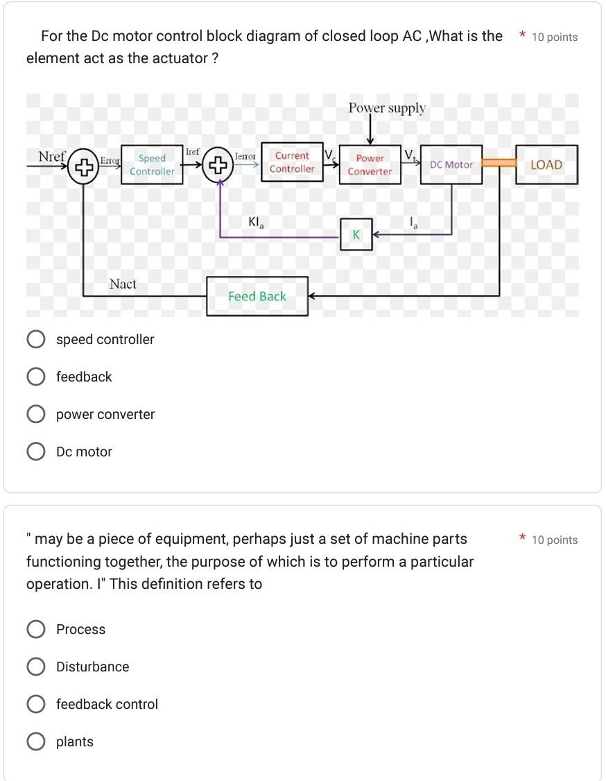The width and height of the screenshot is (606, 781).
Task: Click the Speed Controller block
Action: (x=152, y=165)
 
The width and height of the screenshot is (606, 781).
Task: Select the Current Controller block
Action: (x=292, y=162)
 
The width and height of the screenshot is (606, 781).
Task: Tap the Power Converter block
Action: (x=370, y=165)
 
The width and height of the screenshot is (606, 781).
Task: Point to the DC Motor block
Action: (x=451, y=165)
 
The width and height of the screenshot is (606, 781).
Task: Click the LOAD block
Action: (x=546, y=165)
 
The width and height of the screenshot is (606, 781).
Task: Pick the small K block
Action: (x=356, y=235)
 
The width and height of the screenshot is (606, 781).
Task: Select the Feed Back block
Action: (x=257, y=296)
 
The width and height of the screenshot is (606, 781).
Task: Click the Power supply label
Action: (x=387, y=108)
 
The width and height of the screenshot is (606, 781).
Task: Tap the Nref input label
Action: (x=51, y=157)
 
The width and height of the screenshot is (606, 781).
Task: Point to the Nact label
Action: (x=123, y=284)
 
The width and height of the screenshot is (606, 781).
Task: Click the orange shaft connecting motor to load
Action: (x=499, y=163)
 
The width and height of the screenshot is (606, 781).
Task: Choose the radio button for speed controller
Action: (x=35, y=339)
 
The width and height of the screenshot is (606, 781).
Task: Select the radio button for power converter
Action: (x=35, y=414)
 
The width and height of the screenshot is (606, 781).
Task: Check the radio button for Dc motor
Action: (x=35, y=452)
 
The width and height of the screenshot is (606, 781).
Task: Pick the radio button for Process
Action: (x=35, y=629)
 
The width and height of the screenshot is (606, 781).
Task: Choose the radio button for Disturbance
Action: (x=35, y=667)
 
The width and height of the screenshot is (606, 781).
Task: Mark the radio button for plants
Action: (x=35, y=741)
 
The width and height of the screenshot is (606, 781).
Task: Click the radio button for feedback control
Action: (x=35, y=704)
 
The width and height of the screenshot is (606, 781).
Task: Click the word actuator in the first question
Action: (x=179, y=58)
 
